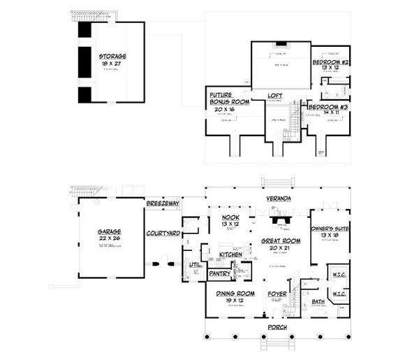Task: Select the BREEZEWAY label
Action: [163, 203]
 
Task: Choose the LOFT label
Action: [276, 96]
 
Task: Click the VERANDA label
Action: [279, 199]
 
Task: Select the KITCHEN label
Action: [230, 255]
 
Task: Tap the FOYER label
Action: [278, 295]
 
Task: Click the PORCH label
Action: [278, 326]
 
